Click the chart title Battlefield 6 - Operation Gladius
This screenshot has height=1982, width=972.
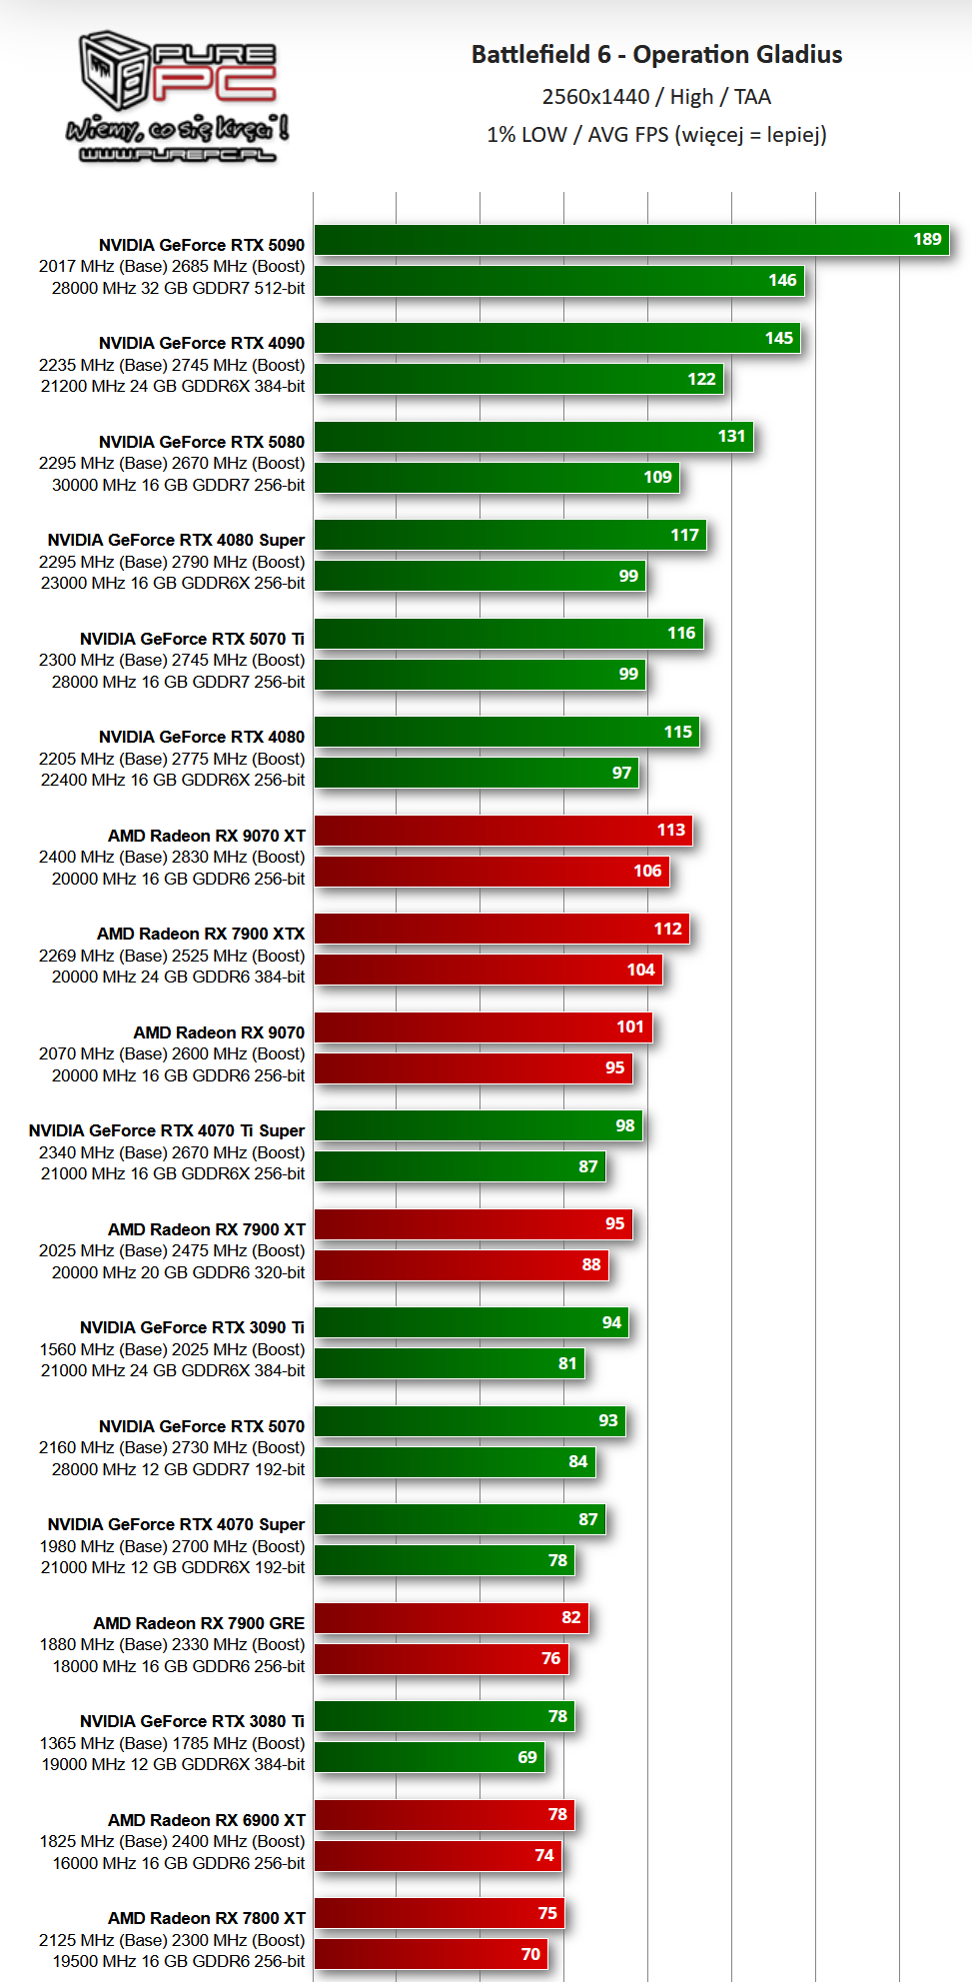[656, 54]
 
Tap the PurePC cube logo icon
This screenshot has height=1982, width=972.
[114, 69]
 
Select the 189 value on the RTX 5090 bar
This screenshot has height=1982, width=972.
[927, 239]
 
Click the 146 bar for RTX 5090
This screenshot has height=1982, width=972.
[559, 281]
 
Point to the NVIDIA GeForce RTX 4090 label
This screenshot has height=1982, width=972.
[201, 343]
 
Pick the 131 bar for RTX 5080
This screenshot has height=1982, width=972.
[533, 437]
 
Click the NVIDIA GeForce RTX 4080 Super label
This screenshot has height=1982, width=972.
[176, 540]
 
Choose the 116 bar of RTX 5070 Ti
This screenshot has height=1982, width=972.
[508, 634]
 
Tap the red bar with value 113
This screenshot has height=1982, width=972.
[502, 831]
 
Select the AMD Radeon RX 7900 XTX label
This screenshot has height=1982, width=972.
[200, 934]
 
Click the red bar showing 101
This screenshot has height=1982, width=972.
[483, 1027]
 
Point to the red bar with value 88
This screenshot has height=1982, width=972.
[461, 1265]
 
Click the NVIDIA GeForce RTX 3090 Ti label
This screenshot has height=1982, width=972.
[192, 1327]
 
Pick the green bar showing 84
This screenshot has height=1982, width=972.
[455, 1462]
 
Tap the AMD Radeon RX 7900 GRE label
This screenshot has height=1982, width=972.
[199, 1623]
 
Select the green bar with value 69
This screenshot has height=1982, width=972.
[430, 1758]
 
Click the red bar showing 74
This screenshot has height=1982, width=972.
[438, 1856]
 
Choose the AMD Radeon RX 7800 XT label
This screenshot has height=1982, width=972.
[206, 1918]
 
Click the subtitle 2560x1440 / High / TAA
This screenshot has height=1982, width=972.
[656, 97]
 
